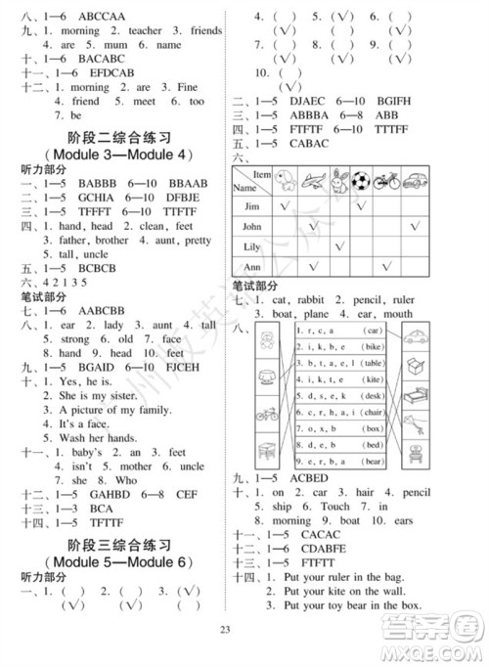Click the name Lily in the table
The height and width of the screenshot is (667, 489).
pos(251,246)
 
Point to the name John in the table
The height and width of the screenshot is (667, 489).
pos(252,226)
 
